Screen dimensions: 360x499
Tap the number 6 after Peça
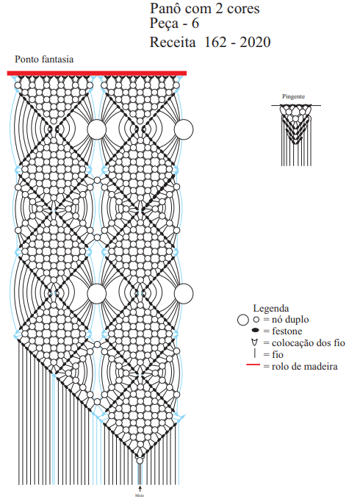pyautogui.click(x=195, y=24)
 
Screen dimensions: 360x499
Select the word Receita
pyautogui.click(x=173, y=42)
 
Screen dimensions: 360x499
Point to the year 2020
pyautogui.click(x=255, y=42)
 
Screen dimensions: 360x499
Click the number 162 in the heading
pyautogui.click(x=215, y=42)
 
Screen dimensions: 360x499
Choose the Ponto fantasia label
pyautogui.click(x=44, y=60)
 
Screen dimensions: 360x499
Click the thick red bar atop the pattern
pyautogui.click(x=97, y=73)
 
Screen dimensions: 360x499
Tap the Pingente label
pyautogui.click(x=293, y=96)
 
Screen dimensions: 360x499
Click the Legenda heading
pyautogui.click(x=271, y=308)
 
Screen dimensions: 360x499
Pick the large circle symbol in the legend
pyautogui.click(x=243, y=320)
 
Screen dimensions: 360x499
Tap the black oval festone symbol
pyautogui.click(x=256, y=330)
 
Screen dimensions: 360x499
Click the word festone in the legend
pyautogui.click(x=287, y=331)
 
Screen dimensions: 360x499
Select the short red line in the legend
pyautogui.click(x=253, y=365)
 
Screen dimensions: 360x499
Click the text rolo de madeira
pyautogui.click(x=305, y=366)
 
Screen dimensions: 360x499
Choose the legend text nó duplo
pyautogui.click(x=290, y=319)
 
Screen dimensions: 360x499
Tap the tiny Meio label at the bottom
pyautogui.click(x=140, y=495)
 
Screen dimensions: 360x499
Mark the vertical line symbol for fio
pyautogui.click(x=255, y=353)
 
